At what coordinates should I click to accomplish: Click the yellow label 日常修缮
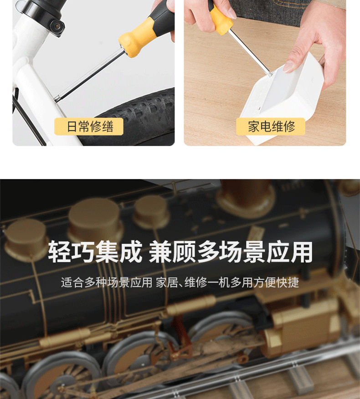point(89,127)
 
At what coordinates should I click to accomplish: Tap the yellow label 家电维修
point(271,127)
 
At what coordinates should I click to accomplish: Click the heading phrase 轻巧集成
point(95,252)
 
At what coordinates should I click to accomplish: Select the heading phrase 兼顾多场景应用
point(231,252)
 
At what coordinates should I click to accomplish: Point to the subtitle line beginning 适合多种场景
point(180,282)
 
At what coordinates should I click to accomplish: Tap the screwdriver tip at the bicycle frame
point(57,99)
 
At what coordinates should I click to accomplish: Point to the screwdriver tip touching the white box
point(270,74)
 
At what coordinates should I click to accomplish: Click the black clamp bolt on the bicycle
point(57,26)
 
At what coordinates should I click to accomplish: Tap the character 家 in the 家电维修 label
point(253,127)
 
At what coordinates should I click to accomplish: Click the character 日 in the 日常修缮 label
point(72,127)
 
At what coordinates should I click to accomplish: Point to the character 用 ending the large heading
point(301,252)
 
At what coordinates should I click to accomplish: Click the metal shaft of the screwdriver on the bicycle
point(91,74)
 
